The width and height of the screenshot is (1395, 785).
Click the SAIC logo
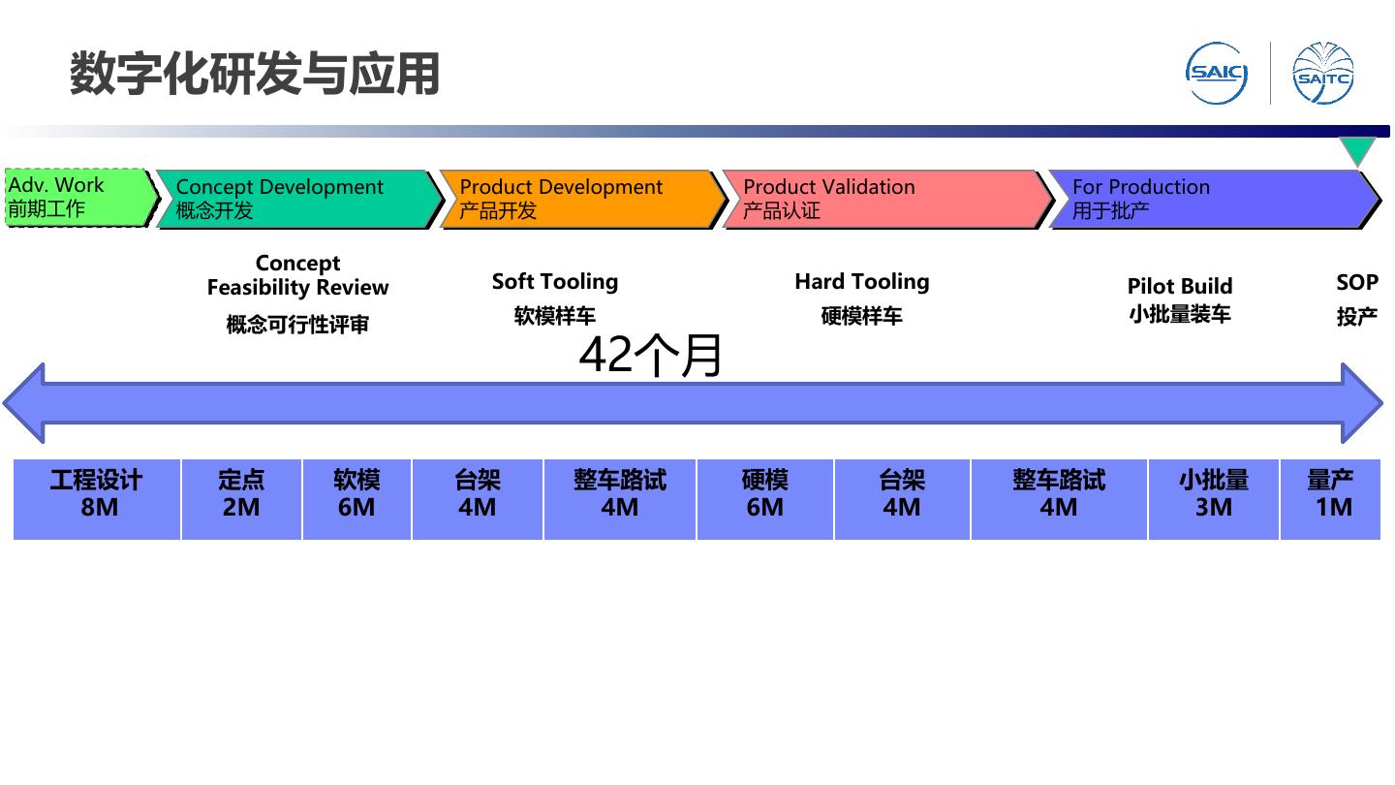1217,73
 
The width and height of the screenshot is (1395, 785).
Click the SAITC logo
1323,73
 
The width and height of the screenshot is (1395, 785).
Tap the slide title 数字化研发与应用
255,75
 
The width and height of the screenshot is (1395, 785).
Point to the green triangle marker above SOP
1357,150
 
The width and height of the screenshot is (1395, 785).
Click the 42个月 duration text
650,355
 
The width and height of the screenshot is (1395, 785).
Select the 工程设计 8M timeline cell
97,498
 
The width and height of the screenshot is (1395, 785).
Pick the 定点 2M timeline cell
241,498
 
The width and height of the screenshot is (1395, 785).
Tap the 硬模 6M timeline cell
764,498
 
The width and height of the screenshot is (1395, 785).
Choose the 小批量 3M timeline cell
1213,498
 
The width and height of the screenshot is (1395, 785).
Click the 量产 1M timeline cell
1330,498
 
